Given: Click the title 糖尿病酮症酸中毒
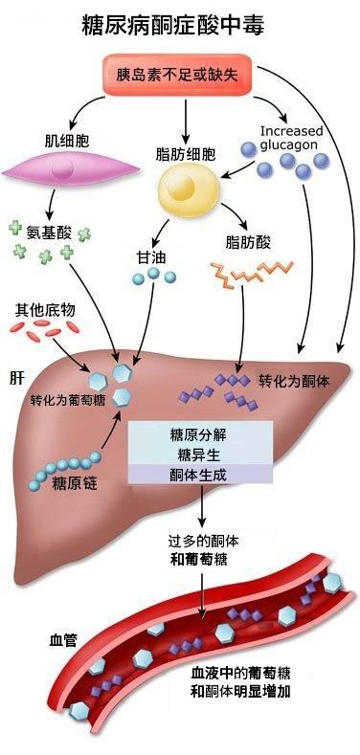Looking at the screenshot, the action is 173,25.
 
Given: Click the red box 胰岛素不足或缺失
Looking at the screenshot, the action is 177,75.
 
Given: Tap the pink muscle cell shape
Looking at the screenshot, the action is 70,169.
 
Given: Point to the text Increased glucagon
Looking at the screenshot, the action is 292,138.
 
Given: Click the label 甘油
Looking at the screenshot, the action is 151,257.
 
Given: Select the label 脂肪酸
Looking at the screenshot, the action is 248,242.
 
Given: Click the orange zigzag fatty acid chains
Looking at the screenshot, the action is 252,274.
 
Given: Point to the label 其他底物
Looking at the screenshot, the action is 44,310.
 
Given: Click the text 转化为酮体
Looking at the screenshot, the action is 295,382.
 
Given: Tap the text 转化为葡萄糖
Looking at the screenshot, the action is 67,401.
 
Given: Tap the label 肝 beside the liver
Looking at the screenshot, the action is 15,378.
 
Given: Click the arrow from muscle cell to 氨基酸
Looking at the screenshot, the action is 50,204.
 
